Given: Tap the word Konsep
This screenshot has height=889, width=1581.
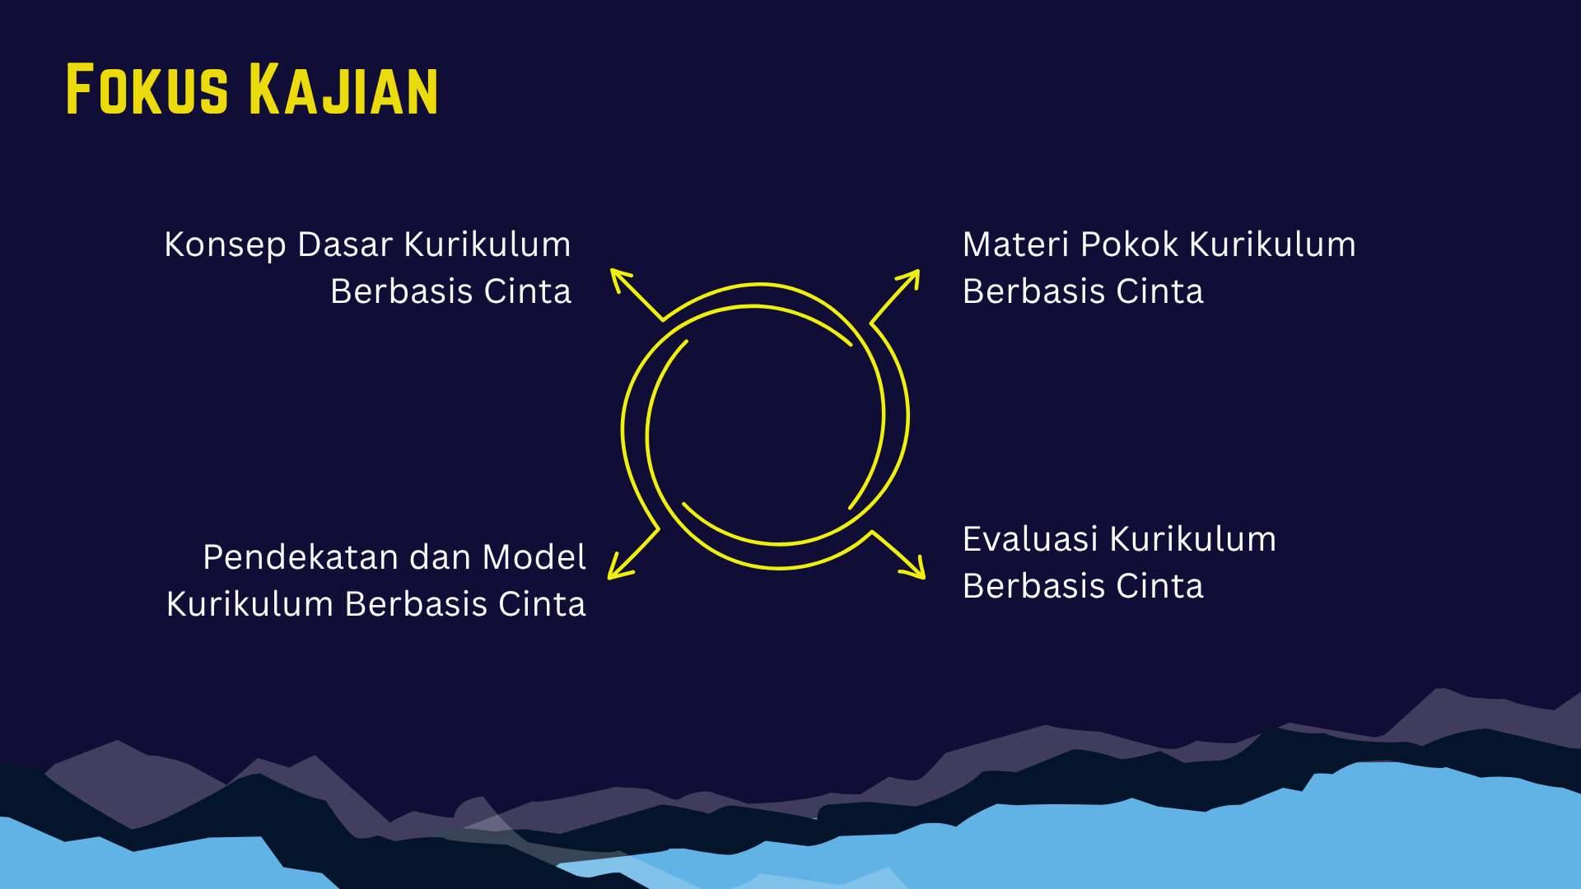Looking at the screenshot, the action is tap(225, 246).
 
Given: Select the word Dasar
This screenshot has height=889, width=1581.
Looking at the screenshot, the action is tap(345, 244).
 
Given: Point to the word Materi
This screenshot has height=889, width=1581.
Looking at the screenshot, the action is tap(1015, 244).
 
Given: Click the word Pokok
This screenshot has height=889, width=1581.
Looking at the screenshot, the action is tap(1129, 244).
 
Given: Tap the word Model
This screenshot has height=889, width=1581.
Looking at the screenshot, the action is tap(534, 557).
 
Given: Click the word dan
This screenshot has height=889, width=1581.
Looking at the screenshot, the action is tap(441, 557).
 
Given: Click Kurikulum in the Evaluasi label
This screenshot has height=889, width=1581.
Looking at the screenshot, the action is tap(1193, 539).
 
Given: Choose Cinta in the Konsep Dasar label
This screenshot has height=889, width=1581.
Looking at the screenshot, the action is tap(528, 291).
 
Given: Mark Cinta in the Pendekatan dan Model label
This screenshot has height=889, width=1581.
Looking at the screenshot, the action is tap(542, 604).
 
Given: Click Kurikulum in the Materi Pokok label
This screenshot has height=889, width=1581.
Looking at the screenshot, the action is tap(1272, 244).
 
